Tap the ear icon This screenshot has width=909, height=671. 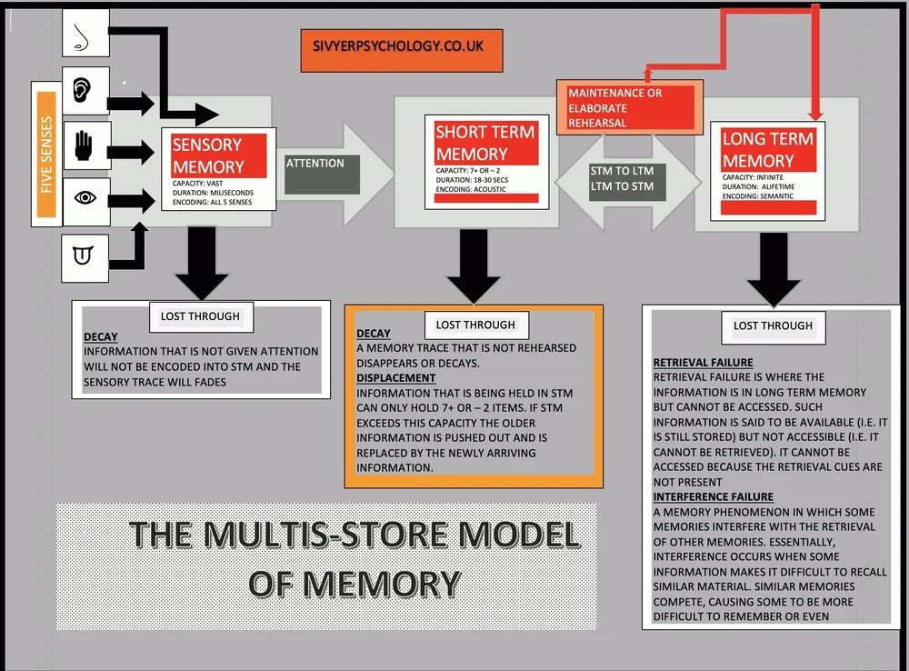[x=85, y=90]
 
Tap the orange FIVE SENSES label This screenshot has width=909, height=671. [x=45, y=154]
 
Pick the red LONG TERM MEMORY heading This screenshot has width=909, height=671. [x=768, y=149]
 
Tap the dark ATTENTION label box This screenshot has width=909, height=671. [x=323, y=174]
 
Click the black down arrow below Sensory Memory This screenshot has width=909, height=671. [x=196, y=264]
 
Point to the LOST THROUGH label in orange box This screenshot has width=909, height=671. [x=474, y=325]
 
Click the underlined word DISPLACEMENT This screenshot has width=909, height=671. [x=395, y=377]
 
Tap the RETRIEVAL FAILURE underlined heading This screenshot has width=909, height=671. [x=703, y=362]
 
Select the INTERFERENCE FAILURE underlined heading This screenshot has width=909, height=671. [x=714, y=496]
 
